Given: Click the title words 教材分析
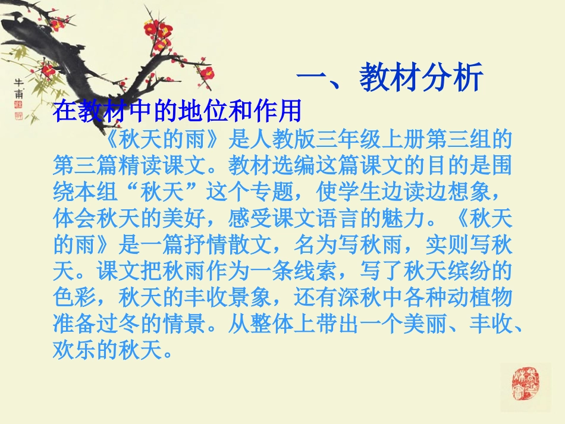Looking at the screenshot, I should (x=420, y=79).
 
